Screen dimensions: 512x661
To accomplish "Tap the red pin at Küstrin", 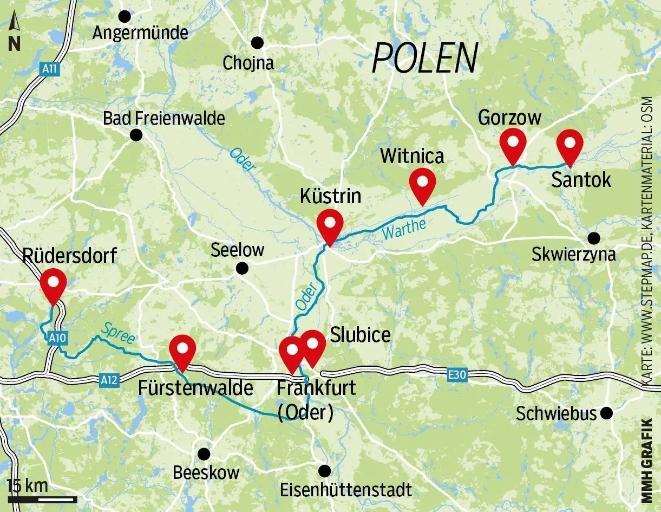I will click(330, 225).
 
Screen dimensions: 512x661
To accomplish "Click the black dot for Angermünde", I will click(125, 16).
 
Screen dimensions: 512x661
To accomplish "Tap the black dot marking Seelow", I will click(242, 268).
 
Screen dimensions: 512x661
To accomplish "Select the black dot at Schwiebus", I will click(607, 413).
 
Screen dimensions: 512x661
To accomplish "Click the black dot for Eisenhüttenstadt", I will click(324, 470).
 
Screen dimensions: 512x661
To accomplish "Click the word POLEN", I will click(425, 57).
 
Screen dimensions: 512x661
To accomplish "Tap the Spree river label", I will click(117, 333).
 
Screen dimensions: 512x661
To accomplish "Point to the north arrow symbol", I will click(15, 33).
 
